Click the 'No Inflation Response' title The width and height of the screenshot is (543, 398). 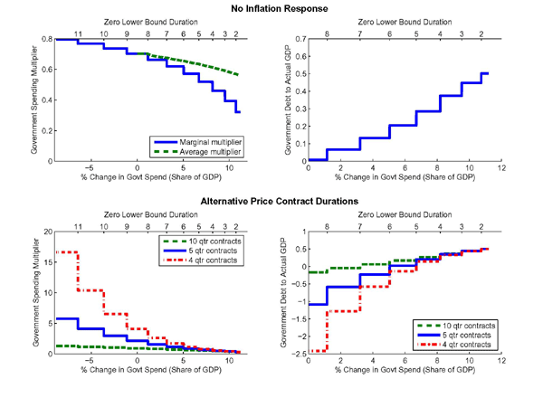[x=271, y=7]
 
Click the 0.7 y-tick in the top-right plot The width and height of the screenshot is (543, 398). [x=298, y=41]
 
